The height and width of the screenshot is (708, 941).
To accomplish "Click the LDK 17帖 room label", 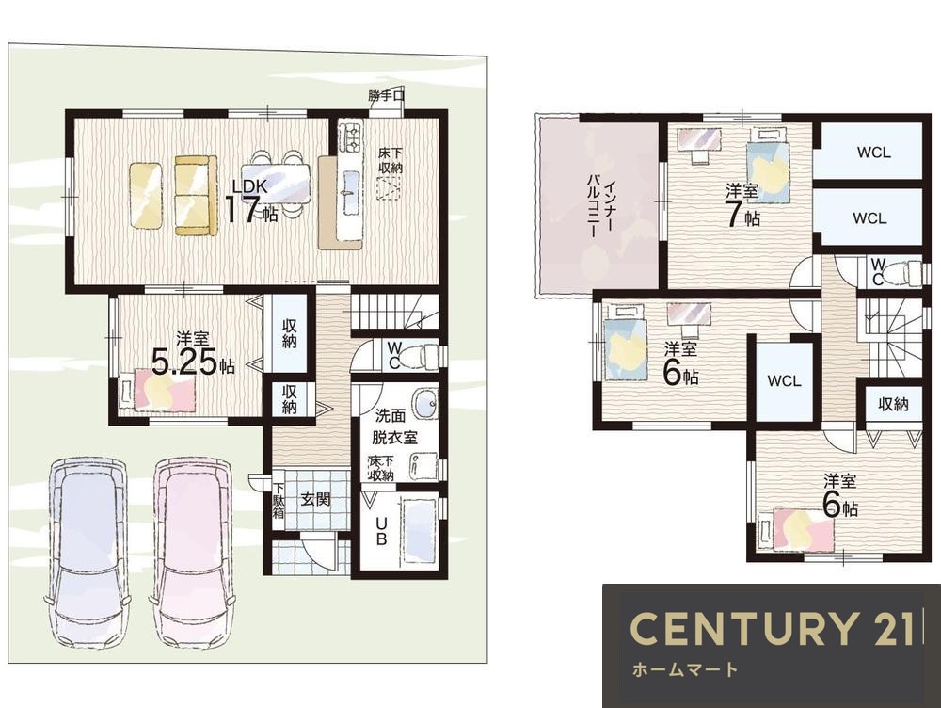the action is coord(252,201).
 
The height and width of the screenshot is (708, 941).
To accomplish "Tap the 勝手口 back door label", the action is coord(387,95).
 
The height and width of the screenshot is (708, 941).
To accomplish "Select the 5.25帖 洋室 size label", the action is coord(193,362).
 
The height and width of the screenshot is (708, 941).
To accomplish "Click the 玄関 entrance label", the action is coord(315,499).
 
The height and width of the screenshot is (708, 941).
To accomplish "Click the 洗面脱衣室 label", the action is coord(394,426).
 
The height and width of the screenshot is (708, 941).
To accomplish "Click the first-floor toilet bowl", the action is coord(423,356).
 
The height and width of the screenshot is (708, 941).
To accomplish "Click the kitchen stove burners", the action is coord(350,137).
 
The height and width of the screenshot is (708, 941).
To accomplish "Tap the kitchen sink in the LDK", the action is coord(349,191).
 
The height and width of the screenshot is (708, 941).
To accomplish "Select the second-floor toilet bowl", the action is coord(904,272).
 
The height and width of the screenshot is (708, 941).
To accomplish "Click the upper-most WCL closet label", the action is coord(874,152).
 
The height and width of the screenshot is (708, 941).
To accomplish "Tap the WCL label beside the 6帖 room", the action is coord(784,380).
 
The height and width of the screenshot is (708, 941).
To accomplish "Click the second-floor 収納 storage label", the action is coord(893,404).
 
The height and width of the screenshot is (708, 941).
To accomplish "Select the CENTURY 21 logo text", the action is coord(773,628).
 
